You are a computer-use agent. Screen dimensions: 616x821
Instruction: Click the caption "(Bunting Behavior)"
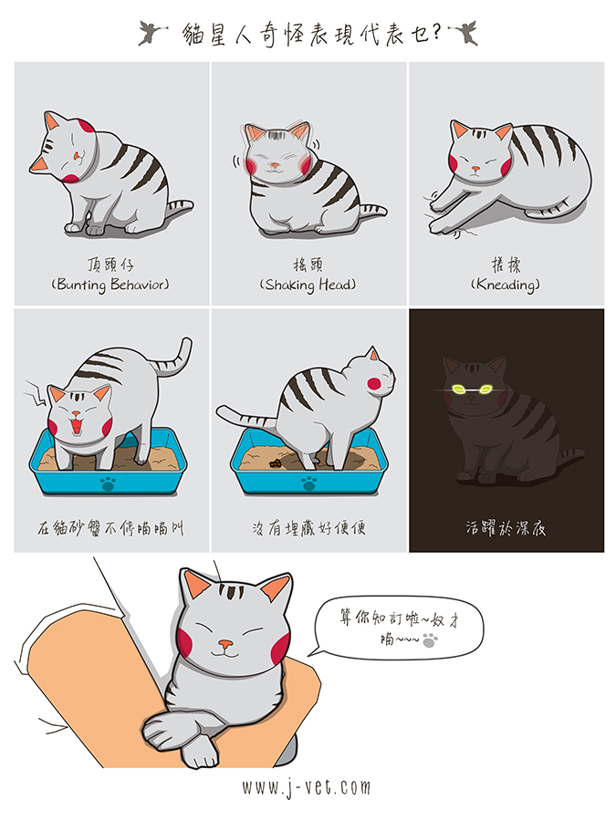click(110, 285)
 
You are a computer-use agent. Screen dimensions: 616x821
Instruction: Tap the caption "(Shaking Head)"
click(308, 285)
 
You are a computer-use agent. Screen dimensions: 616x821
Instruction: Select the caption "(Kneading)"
click(506, 285)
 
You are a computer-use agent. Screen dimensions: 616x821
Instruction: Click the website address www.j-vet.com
click(307, 787)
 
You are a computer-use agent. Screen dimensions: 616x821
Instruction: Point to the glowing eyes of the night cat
click(471, 389)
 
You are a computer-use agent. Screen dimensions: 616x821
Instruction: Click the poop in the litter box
click(275, 462)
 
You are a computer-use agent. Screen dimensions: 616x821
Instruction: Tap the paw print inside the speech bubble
click(430, 639)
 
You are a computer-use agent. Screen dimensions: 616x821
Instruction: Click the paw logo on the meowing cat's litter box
click(108, 483)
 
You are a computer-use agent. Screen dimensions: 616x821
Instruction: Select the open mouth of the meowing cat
click(77, 422)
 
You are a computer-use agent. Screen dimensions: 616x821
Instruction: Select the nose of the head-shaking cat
click(274, 165)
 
